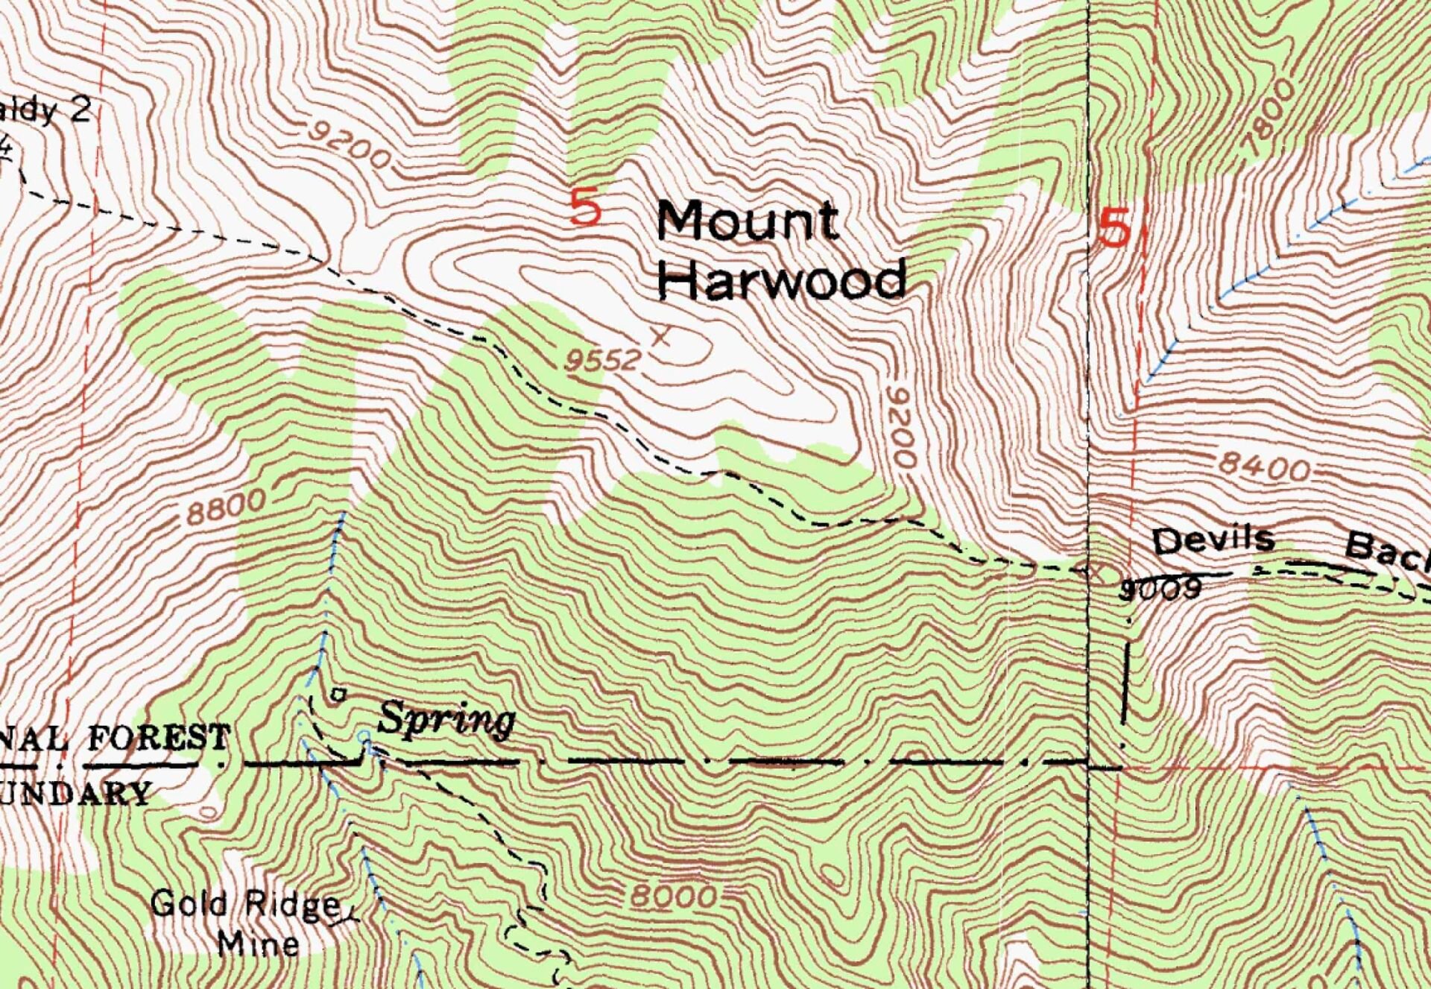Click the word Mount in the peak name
point(748,221)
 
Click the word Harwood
point(782,280)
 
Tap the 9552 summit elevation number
point(602,361)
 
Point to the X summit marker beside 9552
point(660,336)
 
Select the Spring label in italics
point(446,721)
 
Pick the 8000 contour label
point(674,896)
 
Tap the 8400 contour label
point(1264,468)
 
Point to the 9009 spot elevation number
point(1161,590)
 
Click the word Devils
point(1213,540)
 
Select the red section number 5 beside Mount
point(585,208)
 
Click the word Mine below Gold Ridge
point(258,944)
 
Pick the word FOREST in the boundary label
point(159,739)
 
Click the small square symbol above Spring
point(338,695)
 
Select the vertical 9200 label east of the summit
point(903,427)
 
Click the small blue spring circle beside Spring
point(364,737)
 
